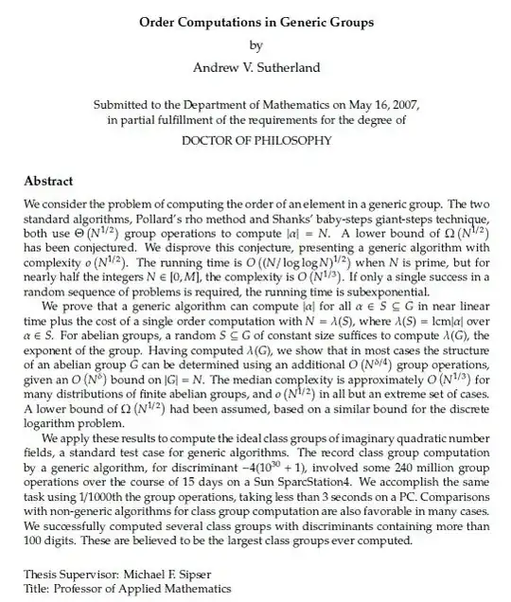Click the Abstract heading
[x=47, y=181]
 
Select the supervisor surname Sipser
[x=192, y=575]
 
